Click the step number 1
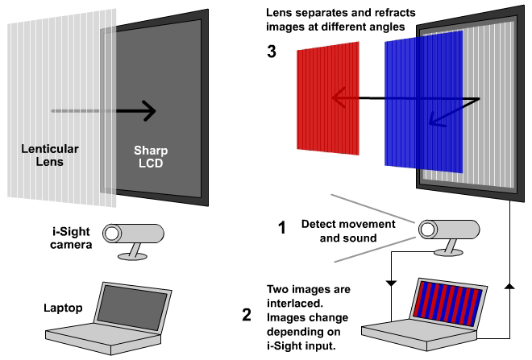pyautogui.click(x=281, y=229)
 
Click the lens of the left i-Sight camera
pyautogui.click(x=113, y=233)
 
